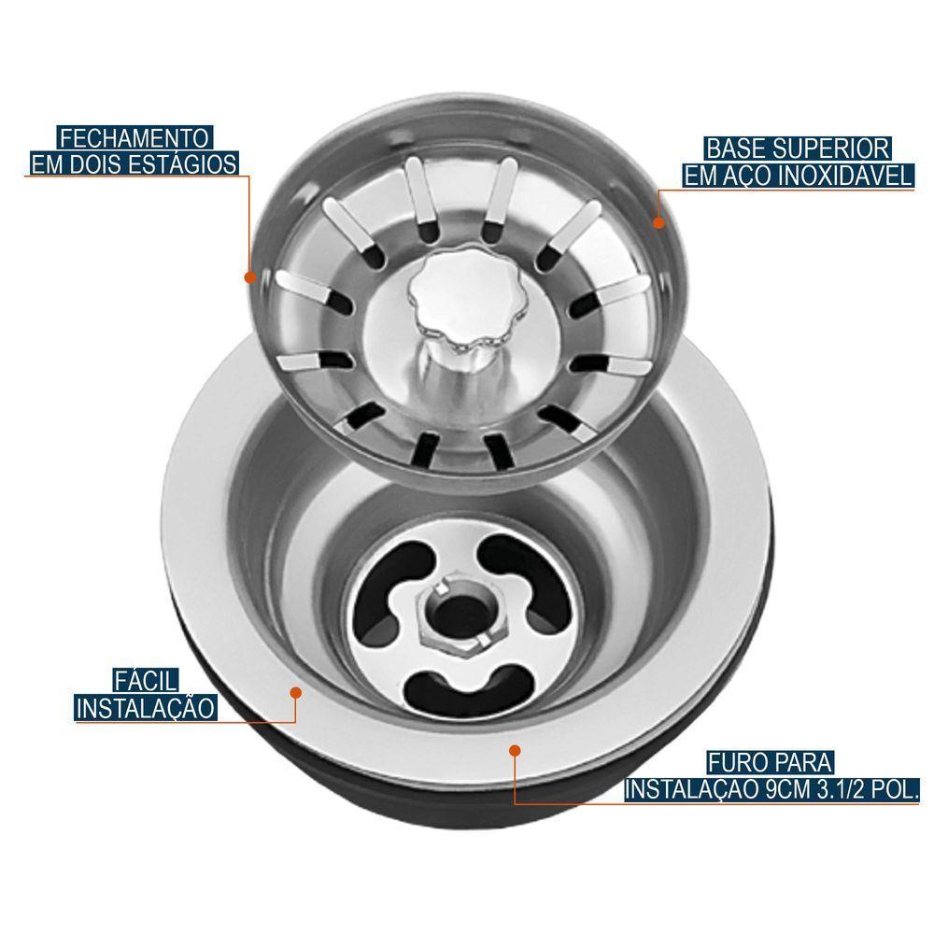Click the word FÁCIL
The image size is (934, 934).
tap(148, 680)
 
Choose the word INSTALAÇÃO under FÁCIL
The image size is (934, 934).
tap(146, 707)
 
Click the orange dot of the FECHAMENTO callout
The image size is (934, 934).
tap(250, 277)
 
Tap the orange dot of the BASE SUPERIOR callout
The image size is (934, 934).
tap(658, 223)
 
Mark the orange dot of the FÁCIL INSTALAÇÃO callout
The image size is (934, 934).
tap(296, 692)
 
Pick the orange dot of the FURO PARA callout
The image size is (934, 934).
tap(515, 748)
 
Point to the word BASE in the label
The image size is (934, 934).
tap(737, 149)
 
